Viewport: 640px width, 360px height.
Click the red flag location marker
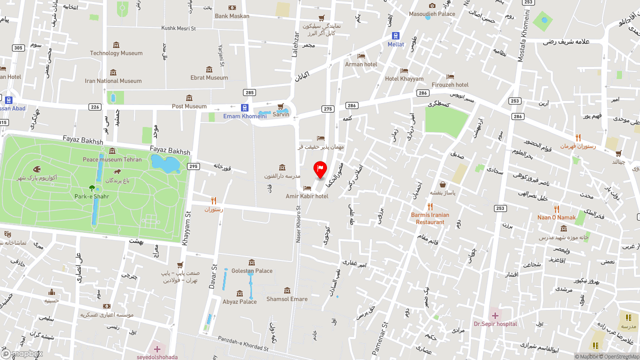click(x=320, y=169)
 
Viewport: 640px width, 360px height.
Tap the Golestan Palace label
click(x=252, y=271)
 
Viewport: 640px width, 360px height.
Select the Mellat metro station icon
click(x=395, y=36)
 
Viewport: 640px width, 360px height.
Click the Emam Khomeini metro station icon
click(x=244, y=107)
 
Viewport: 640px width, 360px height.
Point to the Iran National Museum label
click(x=113, y=81)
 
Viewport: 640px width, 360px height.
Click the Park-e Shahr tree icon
click(x=91, y=188)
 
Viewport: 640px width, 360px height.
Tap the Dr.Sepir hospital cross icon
click(x=495, y=315)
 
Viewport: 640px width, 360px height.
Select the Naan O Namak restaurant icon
click(x=556, y=209)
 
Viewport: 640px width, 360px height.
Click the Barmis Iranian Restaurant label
click(x=430, y=218)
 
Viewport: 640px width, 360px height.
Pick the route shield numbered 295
click(x=193, y=166)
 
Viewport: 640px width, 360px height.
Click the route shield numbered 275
click(x=328, y=109)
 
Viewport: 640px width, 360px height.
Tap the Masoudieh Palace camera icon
click(x=432, y=5)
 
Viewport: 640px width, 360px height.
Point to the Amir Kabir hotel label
click(x=307, y=196)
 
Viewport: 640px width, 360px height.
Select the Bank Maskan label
click(x=232, y=16)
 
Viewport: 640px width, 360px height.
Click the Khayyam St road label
click(x=187, y=228)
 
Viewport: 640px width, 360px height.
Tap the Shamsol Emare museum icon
click(x=287, y=290)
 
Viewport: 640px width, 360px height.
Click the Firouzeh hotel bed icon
click(x=450, y=76)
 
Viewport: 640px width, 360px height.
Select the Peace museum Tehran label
click(x=112, y=159)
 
